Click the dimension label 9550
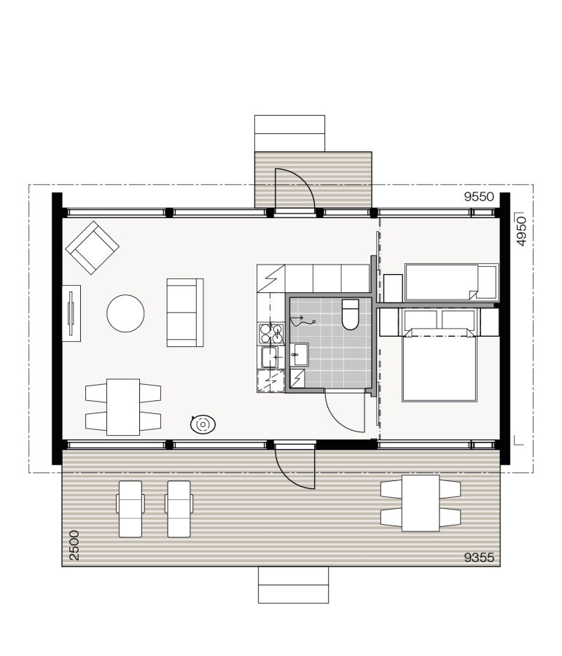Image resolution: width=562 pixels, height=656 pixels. (480, 196)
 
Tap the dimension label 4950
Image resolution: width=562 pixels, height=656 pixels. (520, 230)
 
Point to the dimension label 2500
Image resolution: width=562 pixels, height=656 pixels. (74, 545)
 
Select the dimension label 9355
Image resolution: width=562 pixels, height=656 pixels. (480, 558)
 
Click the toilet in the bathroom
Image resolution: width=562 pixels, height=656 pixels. (350, 314)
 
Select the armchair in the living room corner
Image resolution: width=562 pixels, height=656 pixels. (93, 247)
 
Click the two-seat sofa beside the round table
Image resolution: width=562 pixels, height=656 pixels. (185, 312)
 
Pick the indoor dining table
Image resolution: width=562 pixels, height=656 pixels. (123, 407)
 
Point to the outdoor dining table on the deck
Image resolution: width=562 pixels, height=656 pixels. (421, 504)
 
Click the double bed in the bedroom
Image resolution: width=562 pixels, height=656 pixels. (440, 364)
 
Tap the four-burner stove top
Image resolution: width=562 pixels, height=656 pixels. (272, 332)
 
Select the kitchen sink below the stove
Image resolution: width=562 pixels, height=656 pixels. (271, 357)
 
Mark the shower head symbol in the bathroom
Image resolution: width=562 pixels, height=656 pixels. (301, 319)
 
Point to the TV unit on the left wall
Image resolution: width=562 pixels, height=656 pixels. (71, 312)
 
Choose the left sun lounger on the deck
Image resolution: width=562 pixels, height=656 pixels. (130, 508)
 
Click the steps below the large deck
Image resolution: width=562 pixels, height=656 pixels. (293, 585)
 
